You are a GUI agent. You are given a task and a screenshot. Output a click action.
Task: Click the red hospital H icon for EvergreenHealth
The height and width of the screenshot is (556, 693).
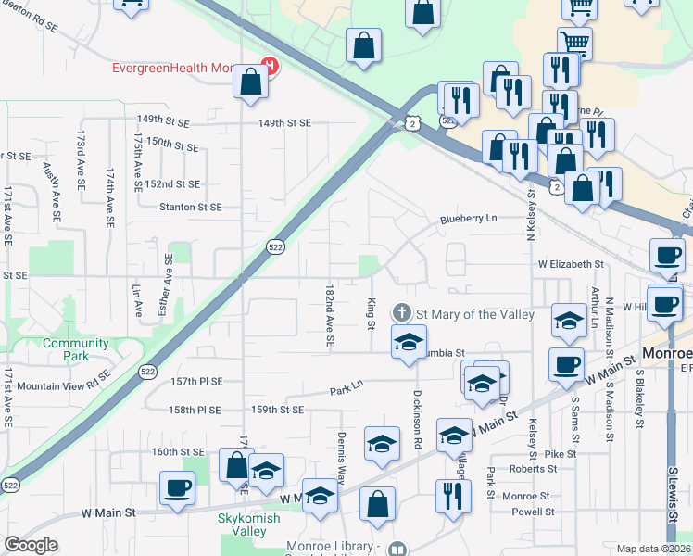coord(270,66)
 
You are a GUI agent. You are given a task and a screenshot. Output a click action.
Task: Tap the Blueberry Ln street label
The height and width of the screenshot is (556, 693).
coord(468,219)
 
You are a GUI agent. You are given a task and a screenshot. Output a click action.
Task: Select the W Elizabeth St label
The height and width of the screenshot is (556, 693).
coord(571,264)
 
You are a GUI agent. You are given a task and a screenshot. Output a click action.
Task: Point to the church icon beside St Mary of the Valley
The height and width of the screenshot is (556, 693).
coord(402,314)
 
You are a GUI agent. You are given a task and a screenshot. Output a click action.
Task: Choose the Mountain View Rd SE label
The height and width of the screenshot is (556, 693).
coord(64,385)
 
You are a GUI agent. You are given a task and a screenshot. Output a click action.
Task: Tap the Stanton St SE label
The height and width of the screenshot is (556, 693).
coord(191,208)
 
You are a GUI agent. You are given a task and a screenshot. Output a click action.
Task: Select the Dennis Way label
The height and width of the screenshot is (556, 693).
coord(342,459)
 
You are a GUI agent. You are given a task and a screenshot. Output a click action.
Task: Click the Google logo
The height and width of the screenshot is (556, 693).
coord(31,545)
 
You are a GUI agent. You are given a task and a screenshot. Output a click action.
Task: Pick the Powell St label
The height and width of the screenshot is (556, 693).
coord(533,512)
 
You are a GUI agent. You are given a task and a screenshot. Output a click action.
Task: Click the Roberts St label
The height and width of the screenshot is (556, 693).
coord(533,469)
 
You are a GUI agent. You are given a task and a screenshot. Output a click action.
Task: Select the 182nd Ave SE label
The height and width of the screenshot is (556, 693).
coord(329,316)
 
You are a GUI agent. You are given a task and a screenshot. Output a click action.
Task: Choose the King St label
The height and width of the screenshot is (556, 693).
coord(370,313)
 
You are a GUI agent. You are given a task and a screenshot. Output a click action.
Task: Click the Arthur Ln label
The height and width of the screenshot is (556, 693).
coord(594,305)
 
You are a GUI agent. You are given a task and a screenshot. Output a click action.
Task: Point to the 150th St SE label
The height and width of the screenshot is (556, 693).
coord(172,145)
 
